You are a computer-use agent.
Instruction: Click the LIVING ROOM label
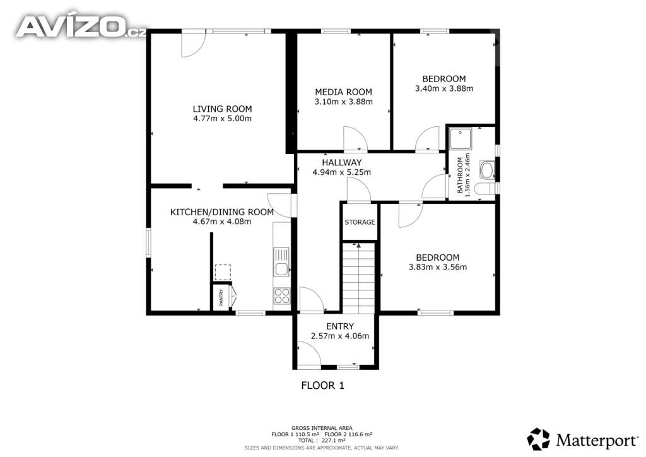222,109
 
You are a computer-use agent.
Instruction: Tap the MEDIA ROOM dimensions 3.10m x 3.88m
343,102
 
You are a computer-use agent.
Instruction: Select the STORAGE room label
360,222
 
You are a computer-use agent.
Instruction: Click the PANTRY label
221,297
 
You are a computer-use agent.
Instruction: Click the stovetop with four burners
282,296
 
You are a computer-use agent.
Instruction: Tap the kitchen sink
282,262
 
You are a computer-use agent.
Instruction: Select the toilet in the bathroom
485,189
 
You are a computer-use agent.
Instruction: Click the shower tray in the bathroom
460,139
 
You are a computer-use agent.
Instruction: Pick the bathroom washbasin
487,170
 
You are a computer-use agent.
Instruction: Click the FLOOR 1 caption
322,386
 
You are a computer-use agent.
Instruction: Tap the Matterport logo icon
539,439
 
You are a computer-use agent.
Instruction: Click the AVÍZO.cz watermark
81,26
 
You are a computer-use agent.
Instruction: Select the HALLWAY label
341,163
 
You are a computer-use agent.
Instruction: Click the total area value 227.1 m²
333,441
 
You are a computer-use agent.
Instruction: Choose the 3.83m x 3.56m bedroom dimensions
438,267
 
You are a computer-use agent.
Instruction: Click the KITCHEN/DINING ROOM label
222,212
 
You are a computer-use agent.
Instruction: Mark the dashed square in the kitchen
223,273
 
